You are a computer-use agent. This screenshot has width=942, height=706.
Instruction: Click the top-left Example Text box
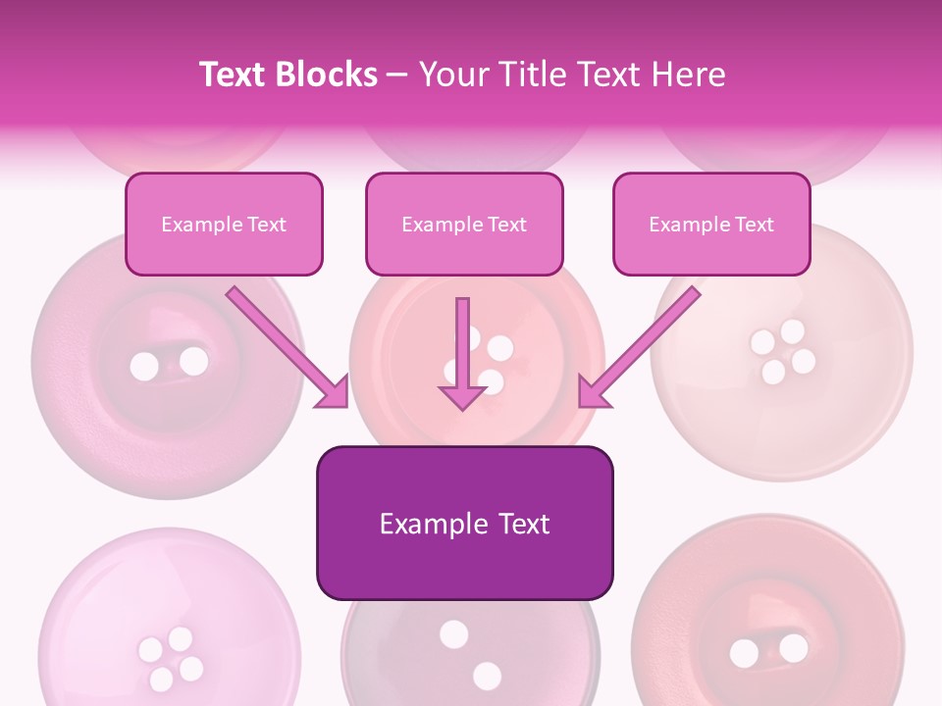224,224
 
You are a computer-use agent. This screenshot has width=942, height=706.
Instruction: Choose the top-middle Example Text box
464,224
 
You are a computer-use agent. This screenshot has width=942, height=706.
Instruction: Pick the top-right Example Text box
711,224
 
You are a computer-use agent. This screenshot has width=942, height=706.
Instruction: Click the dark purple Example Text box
464,523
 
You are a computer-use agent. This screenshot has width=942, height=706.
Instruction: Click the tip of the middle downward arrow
462,405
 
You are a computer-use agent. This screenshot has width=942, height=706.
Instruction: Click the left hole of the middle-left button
144,367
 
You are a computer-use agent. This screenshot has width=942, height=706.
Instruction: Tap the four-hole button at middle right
781,351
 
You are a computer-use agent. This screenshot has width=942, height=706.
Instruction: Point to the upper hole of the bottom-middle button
453,634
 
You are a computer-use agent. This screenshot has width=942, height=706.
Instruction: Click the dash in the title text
397,75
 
